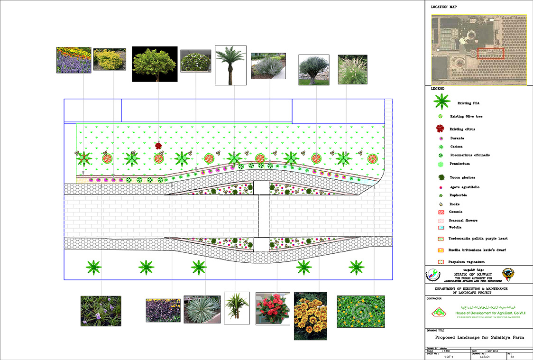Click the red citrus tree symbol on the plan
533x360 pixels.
(159, 146)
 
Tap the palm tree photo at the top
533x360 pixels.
(230, 65)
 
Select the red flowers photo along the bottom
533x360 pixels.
(273, 308)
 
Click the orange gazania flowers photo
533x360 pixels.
(310, 316)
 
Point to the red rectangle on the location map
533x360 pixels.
(490, 53)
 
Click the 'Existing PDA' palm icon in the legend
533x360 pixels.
(441, 102)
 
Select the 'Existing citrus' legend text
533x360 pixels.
(462, 129)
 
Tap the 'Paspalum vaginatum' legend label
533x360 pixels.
(466, 261)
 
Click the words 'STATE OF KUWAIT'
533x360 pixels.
(472, 274)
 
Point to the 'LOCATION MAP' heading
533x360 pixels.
(444, 7)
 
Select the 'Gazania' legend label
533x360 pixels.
(456, 212)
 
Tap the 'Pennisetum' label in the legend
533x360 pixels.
(459, 164)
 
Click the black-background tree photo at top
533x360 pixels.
(155, 64)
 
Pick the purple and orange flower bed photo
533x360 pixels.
(74, 60)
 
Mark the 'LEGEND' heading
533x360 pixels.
(438, 89)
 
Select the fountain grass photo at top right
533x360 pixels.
(352, 70)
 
